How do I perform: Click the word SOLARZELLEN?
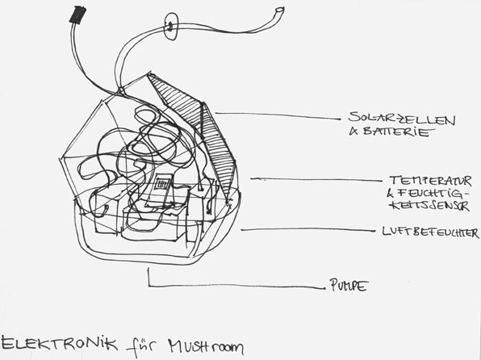[402, 119]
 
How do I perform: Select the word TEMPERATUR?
[430, 181]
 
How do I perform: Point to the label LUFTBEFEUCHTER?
[430, 232]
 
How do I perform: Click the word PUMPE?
[349, 285]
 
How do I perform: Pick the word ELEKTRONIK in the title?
[59, 343]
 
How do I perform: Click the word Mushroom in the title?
[206, 346]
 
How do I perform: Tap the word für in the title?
[140, 347]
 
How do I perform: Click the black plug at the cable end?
[77, 15]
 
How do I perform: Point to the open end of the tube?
[279, 10]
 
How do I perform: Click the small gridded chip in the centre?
[161, 184]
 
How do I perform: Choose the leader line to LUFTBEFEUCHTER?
[307, 229]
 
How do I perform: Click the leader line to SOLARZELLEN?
[278, 115]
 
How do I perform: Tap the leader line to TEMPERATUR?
[316, 179]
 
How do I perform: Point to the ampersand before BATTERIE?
[353, 132]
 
